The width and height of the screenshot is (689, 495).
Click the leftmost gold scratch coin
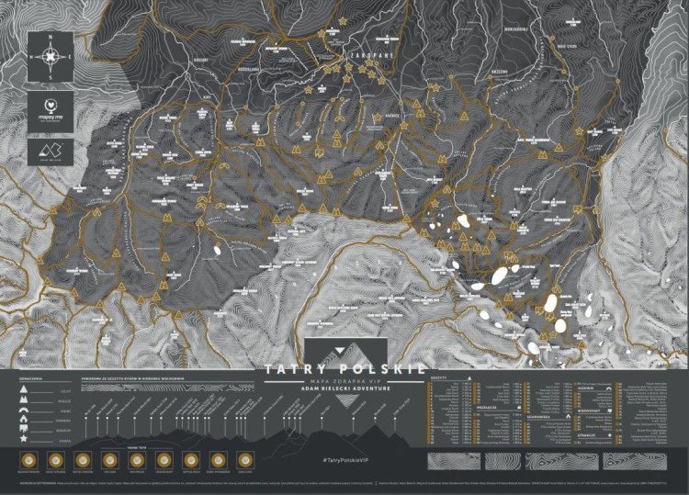[x=28, y=459]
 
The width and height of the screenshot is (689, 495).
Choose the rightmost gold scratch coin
[x=245, y=459]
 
